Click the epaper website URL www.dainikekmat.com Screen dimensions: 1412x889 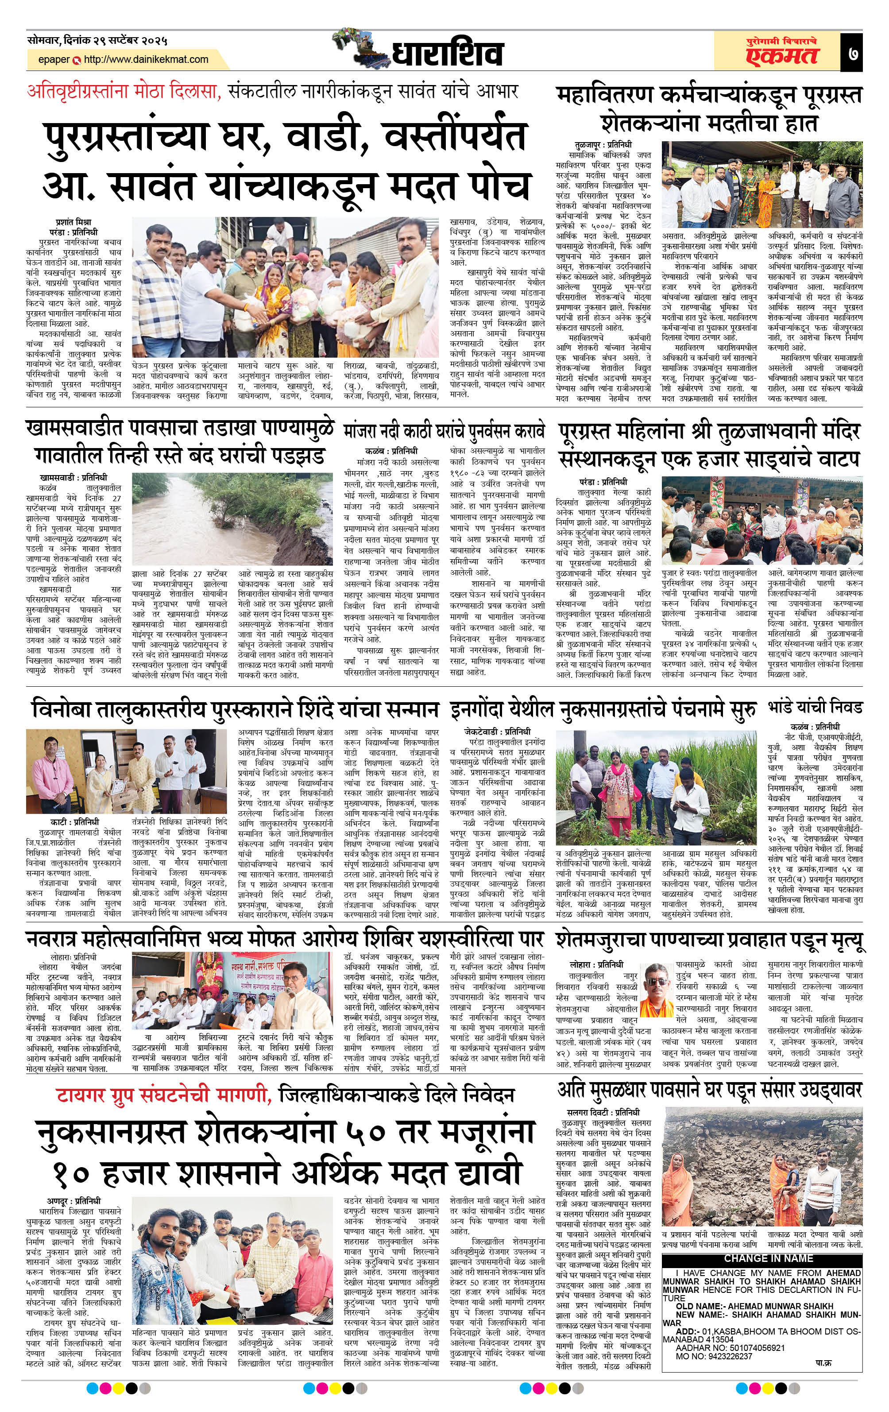(146, 59)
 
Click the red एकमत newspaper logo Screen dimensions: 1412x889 (782, 56)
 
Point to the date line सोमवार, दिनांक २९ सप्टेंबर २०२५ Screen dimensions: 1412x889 (97, 41)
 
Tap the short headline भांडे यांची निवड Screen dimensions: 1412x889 (815, 708)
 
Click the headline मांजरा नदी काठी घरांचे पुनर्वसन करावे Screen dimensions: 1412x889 (444, 432)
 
